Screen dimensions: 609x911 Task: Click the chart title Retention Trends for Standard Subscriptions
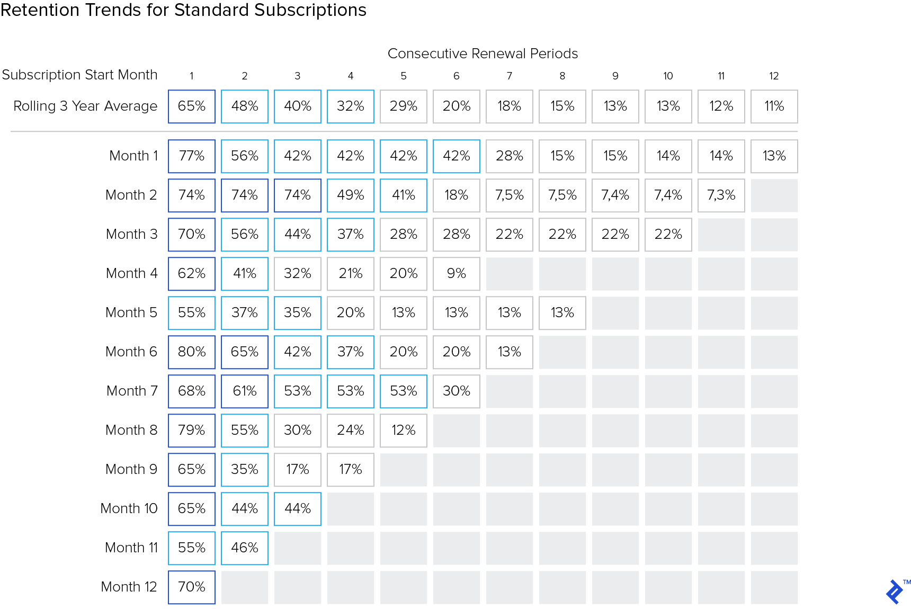183,10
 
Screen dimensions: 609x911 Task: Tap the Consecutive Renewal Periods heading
483,53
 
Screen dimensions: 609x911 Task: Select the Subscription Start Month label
79,75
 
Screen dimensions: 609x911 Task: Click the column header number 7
510,76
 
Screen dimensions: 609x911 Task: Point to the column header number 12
774,76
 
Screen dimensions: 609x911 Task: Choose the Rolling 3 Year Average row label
85,106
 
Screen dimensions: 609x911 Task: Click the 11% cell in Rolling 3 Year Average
774,106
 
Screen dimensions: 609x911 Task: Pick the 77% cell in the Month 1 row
192,156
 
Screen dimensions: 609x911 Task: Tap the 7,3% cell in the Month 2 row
721,195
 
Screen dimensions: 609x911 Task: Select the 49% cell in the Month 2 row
351,195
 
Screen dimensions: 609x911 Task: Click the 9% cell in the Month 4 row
457,274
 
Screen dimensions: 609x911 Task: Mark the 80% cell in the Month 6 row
192,352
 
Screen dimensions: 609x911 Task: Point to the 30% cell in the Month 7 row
457,391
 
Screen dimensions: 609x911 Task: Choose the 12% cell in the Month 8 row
404,431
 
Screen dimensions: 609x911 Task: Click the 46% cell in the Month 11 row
245,548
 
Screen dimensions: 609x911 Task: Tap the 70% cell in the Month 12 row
192,587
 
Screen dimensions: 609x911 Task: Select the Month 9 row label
131,470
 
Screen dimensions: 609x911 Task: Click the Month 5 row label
131,313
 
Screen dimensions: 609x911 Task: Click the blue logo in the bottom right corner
895,592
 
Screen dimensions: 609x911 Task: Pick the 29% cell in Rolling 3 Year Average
404,106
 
